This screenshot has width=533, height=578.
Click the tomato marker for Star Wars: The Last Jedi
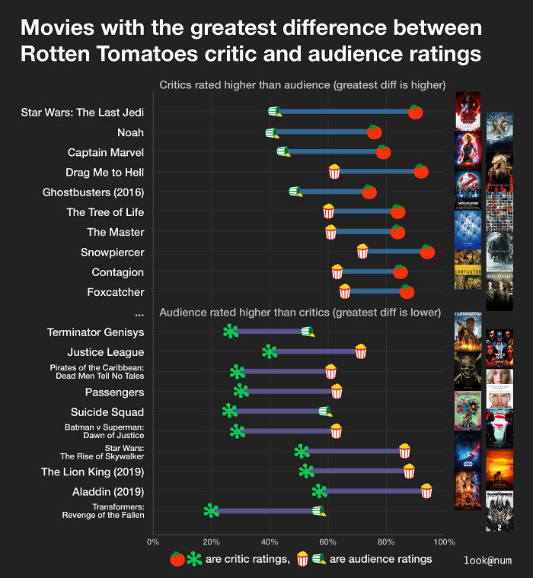click(415, 113)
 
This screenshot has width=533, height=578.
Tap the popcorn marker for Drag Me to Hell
click(334, 172)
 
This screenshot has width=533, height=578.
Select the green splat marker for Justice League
click(270, 351)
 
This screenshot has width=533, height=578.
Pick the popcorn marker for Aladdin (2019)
click(426, 491)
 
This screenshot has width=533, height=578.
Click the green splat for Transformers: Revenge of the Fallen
click(212, 511)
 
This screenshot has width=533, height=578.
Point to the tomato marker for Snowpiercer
click(427, 252)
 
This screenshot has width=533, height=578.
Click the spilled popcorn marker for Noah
click(272, 133)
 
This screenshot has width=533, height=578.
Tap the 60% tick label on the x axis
click(327, 542)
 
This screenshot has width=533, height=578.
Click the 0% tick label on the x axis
click(153, 542)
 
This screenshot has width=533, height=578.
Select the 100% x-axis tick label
click(443, 542)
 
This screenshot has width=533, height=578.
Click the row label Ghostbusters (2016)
click(94, 192)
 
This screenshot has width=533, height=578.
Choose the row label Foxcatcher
click(116, 292)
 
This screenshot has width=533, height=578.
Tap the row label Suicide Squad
click(107, 412)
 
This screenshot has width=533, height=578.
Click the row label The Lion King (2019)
click(92, 472)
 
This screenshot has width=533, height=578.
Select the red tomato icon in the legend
click(177, 559)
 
